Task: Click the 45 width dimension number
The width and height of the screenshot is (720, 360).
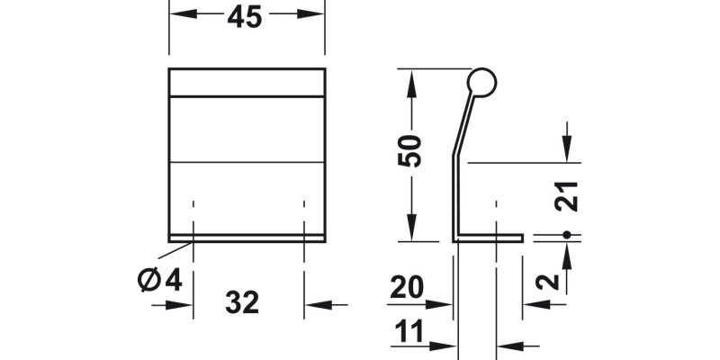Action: point(244,17)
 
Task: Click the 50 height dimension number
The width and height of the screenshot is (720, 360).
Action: point(409,150)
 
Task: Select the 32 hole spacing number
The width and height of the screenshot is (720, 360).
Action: point(242,302)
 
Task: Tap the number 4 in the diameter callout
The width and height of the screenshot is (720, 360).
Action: point(174,280)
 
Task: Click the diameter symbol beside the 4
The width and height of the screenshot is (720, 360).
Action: point(148,279)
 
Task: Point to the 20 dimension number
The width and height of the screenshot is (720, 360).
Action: point(407,288)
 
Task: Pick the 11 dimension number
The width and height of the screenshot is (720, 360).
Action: point(409,331)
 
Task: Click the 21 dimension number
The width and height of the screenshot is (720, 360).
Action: point(566,196)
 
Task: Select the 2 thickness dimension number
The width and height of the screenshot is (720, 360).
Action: point(547,282)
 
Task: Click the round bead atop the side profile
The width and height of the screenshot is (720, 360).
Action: point(481,83)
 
